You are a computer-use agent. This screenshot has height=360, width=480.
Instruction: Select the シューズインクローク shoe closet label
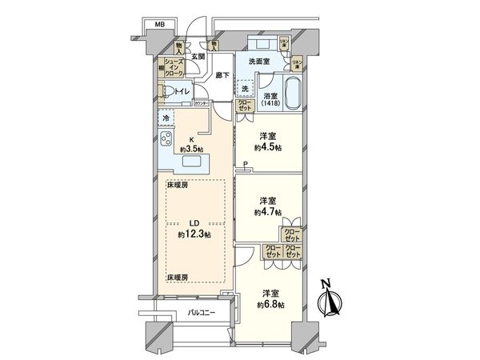tap(176, 66)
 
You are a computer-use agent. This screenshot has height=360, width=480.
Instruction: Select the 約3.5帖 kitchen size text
tap(190, 148)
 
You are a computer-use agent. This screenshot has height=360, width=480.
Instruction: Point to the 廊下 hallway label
tap(222, 74)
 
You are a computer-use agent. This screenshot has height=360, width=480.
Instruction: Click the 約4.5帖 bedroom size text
tap(268, 146)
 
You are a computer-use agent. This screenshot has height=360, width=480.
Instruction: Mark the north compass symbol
tap(330, 302)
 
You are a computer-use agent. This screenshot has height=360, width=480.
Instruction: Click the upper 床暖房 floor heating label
tap(178, 185)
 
